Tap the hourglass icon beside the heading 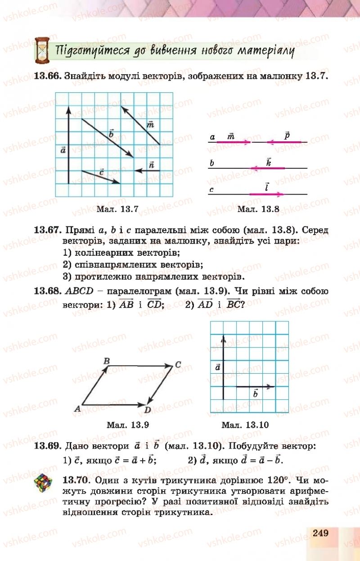pos(42,50)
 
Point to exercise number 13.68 pos(47,291)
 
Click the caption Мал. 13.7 pos(117,208)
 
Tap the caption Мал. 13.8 pos(258,208)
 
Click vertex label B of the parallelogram pos(107,361)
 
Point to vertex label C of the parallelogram pos(178,365)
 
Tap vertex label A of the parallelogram pos(77,408)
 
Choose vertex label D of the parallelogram pos(148,410)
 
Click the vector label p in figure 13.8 pos(287,135)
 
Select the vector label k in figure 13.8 pos(268,162)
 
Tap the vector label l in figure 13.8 pos(267,186)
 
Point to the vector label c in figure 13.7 pos(101,172)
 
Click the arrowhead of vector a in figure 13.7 pos(68,109)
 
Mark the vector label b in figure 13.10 pos(255,393)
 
